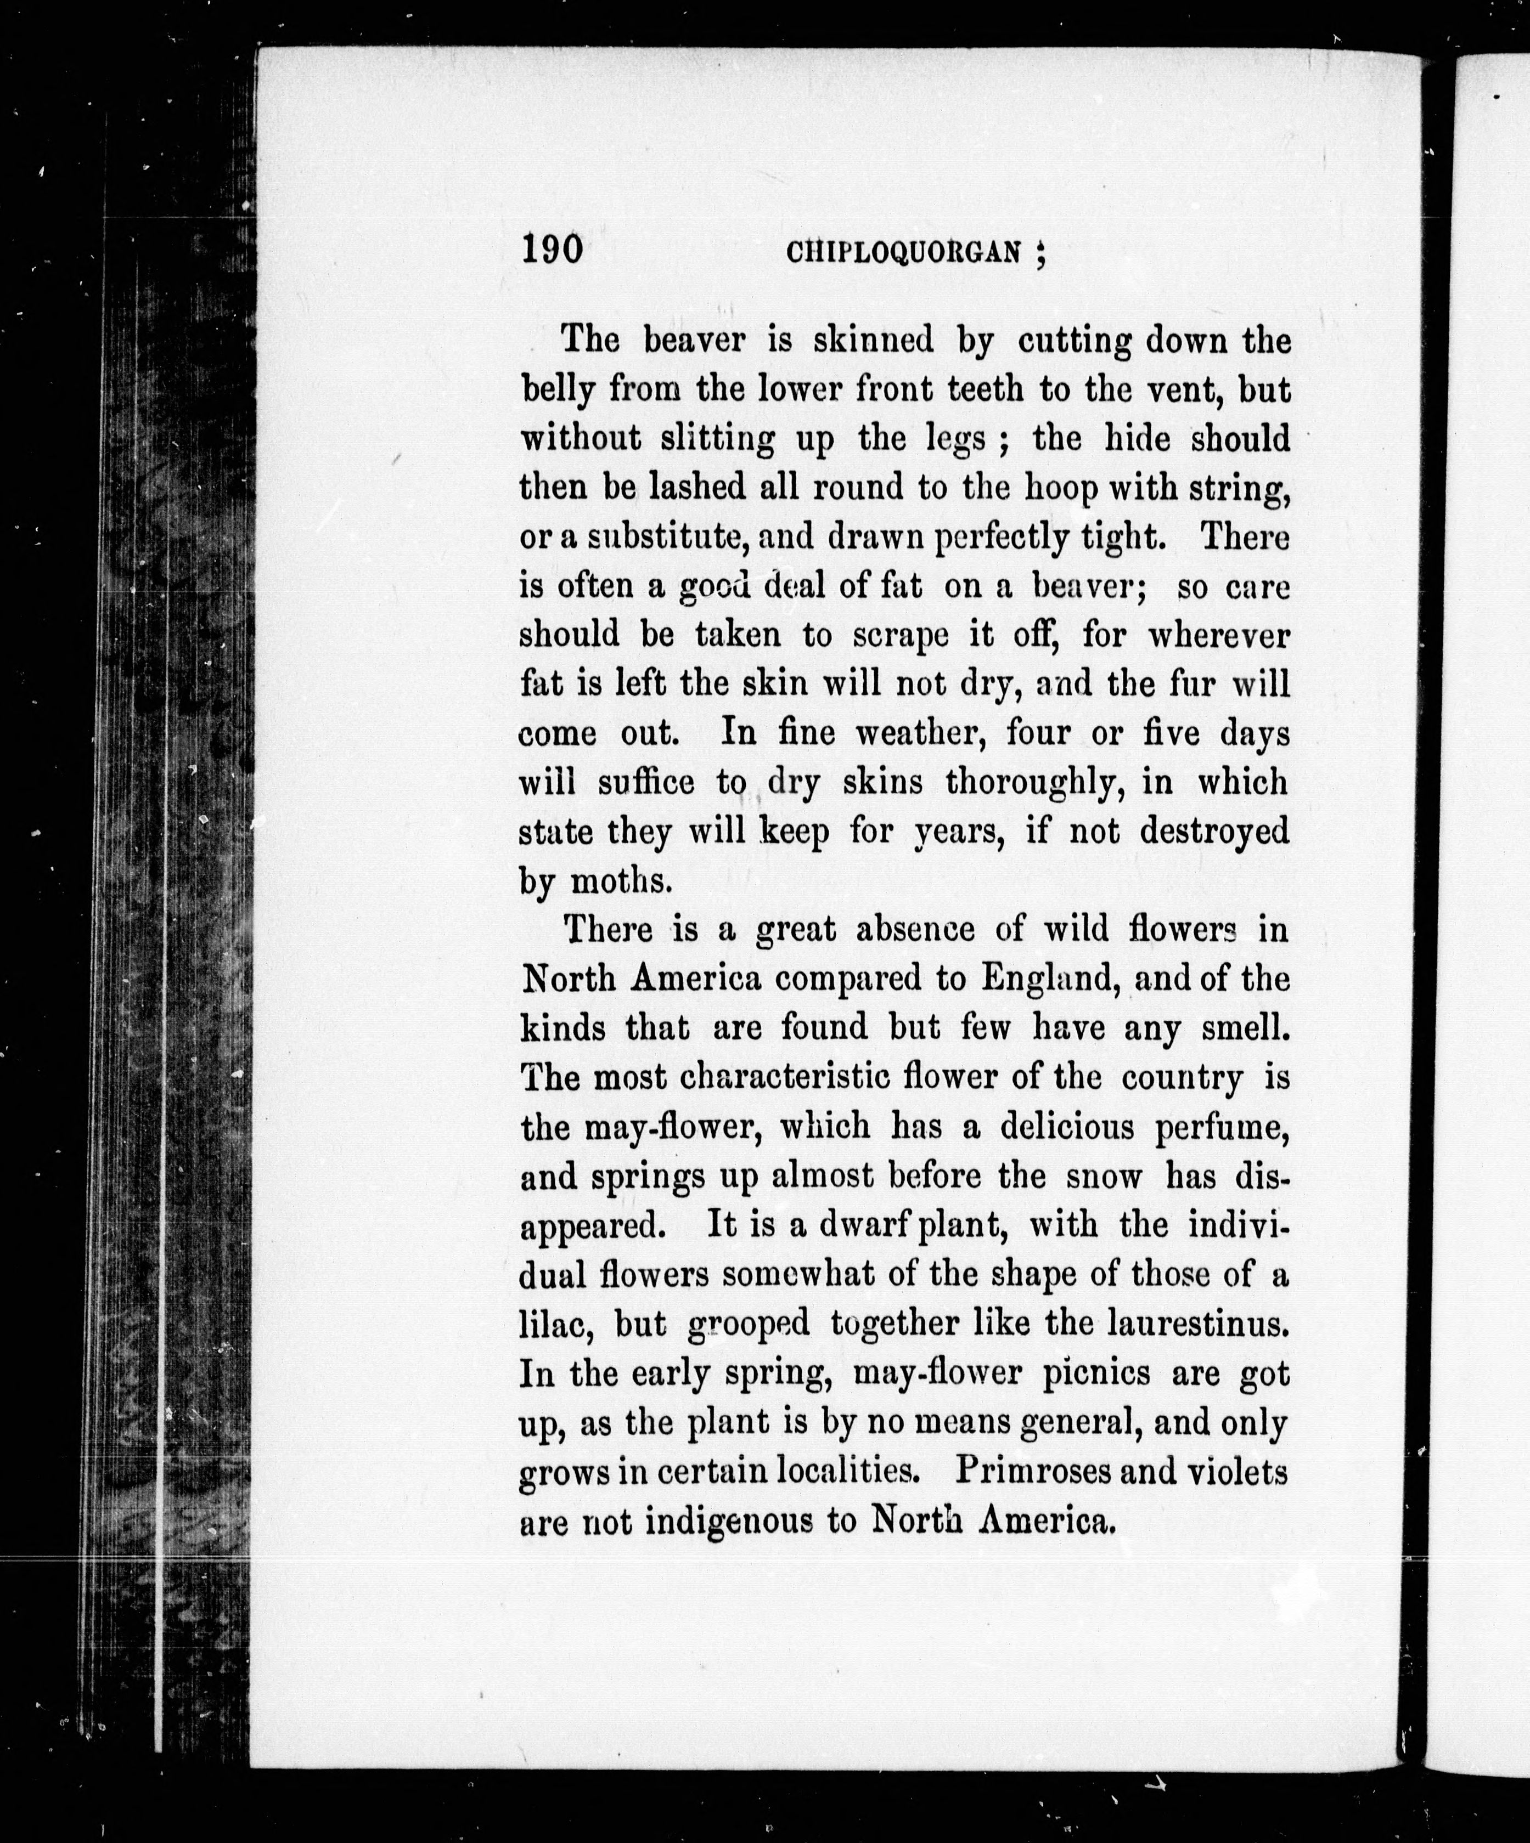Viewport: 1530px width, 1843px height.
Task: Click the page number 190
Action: (x=552, y=248)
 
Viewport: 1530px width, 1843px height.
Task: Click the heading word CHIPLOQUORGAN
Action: (x=904, y=253)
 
